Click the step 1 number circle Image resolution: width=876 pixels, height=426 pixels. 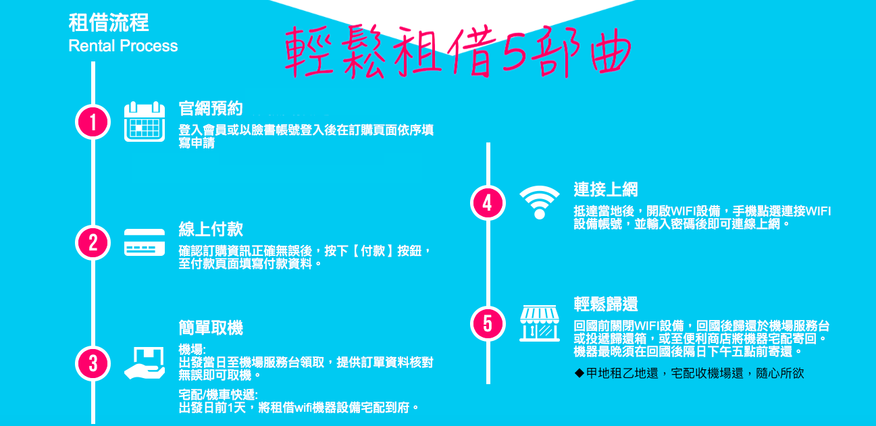tap(93, 122)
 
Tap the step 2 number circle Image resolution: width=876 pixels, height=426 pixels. tap(93, 242)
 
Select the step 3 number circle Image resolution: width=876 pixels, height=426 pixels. tap(93, 363)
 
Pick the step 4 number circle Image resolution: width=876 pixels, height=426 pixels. tap(488, 203)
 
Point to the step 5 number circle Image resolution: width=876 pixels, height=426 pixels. tap(488, 323)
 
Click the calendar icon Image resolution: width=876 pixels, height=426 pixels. tap(145, 122)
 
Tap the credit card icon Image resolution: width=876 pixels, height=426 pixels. tap(145, 242)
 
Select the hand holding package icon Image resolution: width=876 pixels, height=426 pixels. tap(145, 363)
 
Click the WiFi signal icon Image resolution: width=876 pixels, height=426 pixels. tap(539, 203)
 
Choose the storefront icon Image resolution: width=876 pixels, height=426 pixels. tap(539, 323)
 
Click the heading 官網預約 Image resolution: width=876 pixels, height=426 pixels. tap(211, 108)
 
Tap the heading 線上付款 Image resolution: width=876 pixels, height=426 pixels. tap(211, 229)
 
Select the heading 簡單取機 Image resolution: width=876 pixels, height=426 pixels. tap(211, 327)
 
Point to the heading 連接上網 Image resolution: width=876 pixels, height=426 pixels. tap(606, 189)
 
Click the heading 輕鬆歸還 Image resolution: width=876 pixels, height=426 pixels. tap(606, 304)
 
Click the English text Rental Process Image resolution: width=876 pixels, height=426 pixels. tap(123, 46)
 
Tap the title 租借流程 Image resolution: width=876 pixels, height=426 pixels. tap(109, 23)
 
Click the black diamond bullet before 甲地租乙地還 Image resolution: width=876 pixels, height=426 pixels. tap(579, 373)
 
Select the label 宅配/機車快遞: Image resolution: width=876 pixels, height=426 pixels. tap(218, 395)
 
